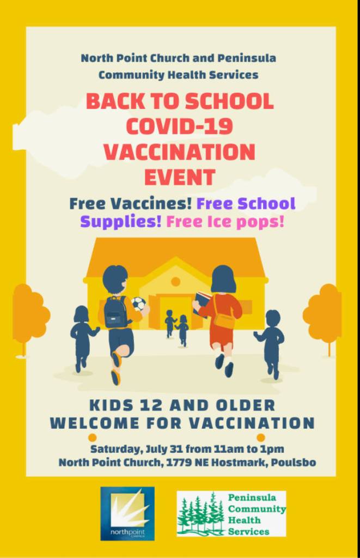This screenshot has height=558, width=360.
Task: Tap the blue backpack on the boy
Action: tap(115, 312)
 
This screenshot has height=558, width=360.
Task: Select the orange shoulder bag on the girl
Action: tap(224, 321)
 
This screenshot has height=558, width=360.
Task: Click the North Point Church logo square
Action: tap(127, 513)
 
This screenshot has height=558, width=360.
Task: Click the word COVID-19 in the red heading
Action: tap(179, 126)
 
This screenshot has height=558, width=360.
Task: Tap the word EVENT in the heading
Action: tap(180, 177)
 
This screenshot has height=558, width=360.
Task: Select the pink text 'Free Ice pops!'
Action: tap(225, 222)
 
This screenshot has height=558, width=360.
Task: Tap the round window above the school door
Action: tap(175, 282)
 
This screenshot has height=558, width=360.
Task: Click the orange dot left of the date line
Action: tap(92, 437)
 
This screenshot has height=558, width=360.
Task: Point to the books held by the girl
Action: tap(202, 302)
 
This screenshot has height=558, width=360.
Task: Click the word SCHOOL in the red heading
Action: tap(229, 101)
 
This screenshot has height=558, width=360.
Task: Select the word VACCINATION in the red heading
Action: tap(180, 151)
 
